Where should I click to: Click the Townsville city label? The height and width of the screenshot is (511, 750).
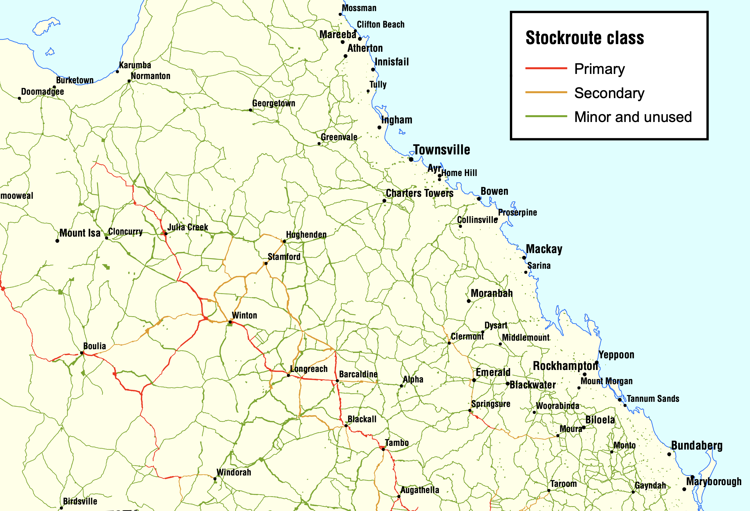(x=441, y=150)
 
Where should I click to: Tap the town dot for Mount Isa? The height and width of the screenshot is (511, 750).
(x=57, y=241)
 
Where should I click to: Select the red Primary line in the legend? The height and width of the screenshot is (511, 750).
(x=546, y=68)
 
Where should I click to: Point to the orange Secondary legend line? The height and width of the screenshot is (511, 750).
(x=546, y=92)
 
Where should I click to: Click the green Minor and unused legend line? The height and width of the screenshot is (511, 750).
(x=546, y=116)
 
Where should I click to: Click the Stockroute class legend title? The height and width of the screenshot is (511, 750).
(x=585, y=38)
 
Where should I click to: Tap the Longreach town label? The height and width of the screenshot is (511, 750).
(x=309, y=369)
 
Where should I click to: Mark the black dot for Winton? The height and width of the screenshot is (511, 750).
(x=230, y=322)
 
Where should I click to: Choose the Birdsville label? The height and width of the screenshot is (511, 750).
(x=80, y=501)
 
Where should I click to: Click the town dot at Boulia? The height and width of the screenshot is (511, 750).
(x=82, y=353)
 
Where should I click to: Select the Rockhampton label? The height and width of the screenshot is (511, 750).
(x=565, y=366)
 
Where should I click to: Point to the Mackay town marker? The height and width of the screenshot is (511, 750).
(x=524, y=258)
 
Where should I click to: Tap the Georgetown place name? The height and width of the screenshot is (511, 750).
(x=274, y=104)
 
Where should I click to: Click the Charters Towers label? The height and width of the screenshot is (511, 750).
(x=420, y=193)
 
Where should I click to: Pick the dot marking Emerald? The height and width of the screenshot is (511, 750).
(x=474, y=380)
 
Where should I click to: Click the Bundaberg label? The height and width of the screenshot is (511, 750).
(x=697, y=445)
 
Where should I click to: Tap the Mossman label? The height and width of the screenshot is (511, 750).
(x=359, y=8)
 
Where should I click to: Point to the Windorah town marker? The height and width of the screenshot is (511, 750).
(x=215, y=479)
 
